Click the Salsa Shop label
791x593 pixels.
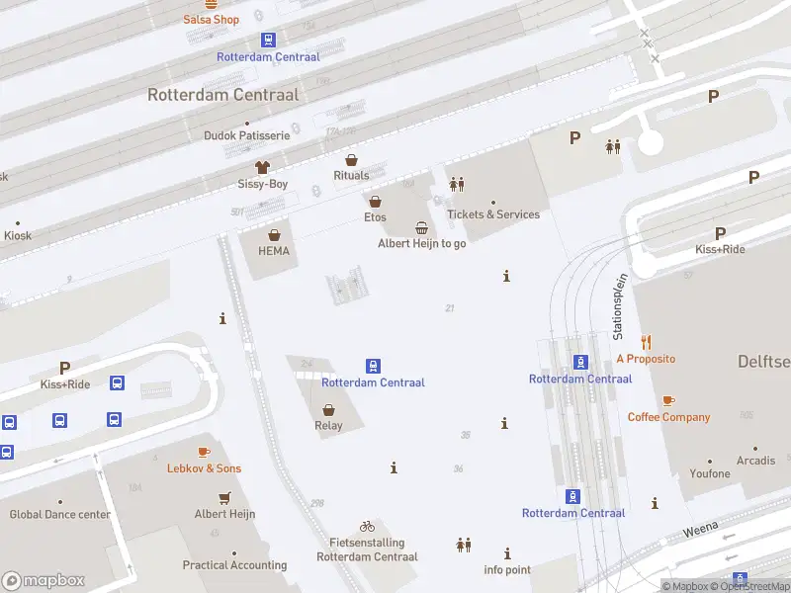212,20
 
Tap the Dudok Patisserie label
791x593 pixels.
246,135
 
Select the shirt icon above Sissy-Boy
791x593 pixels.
262,167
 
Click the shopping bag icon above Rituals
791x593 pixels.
351,159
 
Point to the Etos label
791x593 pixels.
375,217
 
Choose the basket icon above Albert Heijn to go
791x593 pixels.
422,227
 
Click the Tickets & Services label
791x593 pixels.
493,214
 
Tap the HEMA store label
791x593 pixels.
274,251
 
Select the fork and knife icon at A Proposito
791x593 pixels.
646,342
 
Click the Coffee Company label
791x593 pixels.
668,417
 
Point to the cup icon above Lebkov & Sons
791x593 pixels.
204,452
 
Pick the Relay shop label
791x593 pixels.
328,426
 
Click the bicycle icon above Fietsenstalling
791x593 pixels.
367,526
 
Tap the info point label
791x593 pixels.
507,570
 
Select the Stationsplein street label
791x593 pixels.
620,307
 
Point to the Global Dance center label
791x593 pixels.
60,515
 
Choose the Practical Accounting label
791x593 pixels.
234,565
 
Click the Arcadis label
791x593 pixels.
755,462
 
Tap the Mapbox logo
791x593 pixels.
44,581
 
